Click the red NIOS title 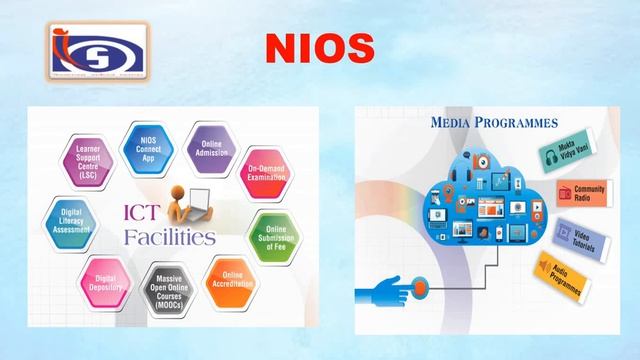(319, 47)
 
